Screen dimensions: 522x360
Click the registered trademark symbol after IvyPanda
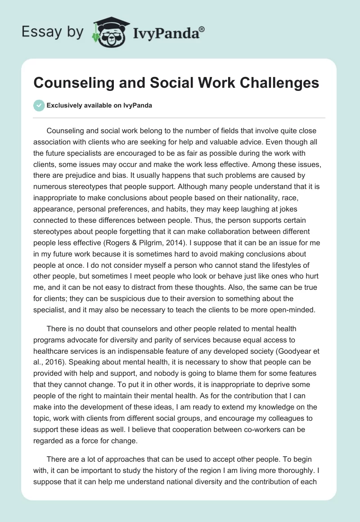pyautogui.click(x=202, y=29)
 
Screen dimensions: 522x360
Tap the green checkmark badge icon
pyautogui.click(x=39, y=106)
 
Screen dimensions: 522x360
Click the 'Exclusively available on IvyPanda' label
pyautogui.click(x=99, y=106)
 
